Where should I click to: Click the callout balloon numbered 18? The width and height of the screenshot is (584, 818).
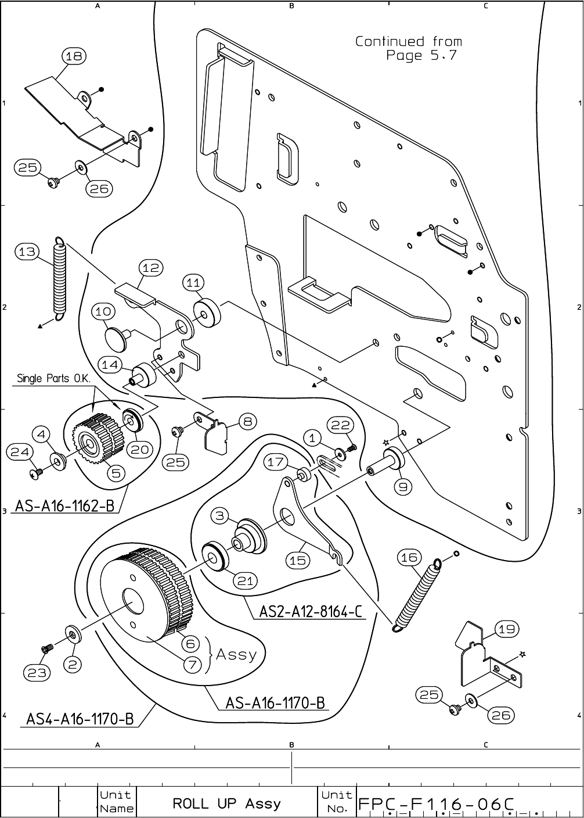point(74,56)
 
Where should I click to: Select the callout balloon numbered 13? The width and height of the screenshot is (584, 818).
point(27,252)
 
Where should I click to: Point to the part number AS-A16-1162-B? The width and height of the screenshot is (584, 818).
point(64,506)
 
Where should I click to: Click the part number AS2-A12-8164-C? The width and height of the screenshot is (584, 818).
point(311,612)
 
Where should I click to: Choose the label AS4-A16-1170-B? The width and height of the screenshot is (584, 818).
point(80,719)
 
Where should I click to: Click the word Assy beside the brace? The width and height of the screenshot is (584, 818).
point(236,655)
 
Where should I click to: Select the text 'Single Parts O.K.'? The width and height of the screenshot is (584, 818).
point(52,379)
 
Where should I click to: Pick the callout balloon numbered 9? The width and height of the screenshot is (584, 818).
point(403,486)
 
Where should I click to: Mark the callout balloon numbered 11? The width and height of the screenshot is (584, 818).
point(193,282)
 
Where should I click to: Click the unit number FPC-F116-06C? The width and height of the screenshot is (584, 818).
point(437,803)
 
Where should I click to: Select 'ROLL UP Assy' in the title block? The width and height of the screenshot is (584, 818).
point(226,803)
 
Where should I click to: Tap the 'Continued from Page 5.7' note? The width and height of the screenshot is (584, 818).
point(409,48)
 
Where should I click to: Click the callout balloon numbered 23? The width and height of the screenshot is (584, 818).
point(36,673)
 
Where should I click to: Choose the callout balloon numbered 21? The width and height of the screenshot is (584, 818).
point(246,580)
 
